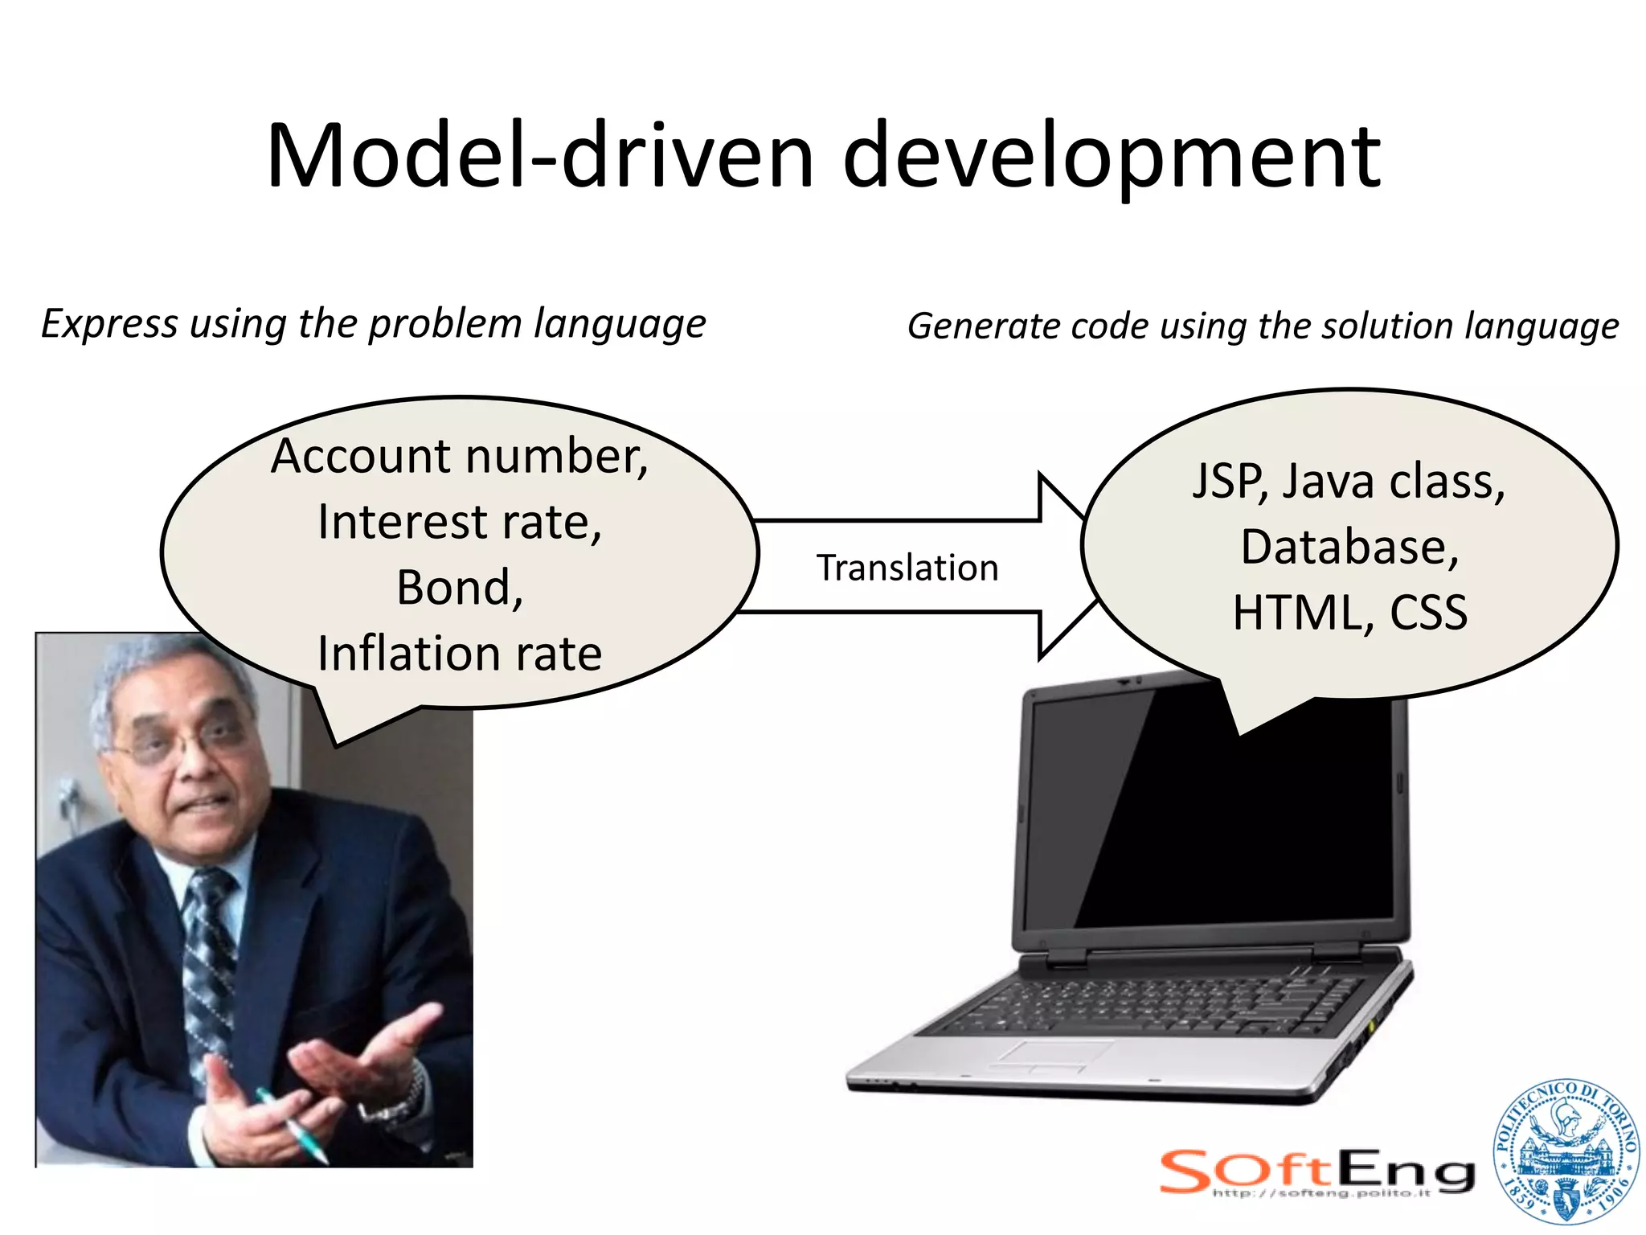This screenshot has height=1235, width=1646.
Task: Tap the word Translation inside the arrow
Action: click(907, 568)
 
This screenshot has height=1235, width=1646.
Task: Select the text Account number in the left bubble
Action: click(459, 456)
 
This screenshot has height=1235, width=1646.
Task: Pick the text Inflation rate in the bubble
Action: click(459, 653)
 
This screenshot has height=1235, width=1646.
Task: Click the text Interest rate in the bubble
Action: click(459, 522)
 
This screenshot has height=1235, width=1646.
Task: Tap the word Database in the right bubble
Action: click(1349, 548)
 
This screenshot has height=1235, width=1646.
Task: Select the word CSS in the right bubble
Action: click(1428, 613)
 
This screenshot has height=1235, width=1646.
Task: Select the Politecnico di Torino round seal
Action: click(1565, 1152)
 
